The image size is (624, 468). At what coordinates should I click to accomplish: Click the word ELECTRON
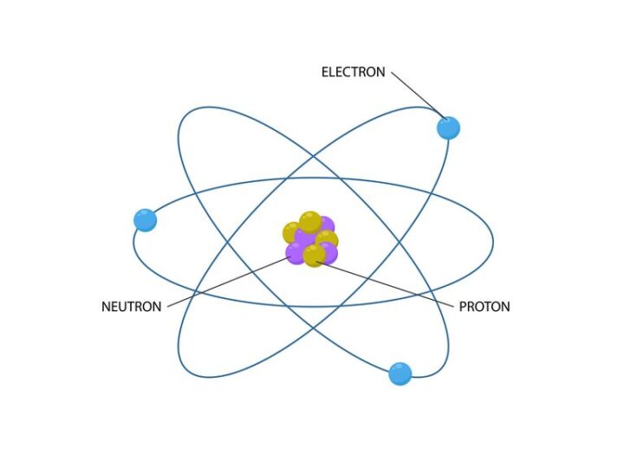pos(354,72)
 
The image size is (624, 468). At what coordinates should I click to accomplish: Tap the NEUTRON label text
pos(132,307)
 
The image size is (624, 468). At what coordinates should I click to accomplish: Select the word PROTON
pos(484,307)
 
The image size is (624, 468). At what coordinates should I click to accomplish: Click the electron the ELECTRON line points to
pos(449,128)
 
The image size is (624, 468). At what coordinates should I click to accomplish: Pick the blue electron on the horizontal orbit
pos(146,220)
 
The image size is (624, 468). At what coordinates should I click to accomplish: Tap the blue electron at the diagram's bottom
pos(400,374)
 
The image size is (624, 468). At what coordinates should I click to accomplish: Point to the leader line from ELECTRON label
pos(419,95)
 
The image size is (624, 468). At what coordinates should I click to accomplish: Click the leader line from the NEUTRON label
pos(229,283)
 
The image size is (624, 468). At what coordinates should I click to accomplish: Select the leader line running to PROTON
pos(385,284)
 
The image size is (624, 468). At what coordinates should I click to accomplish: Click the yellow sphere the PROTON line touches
pos(315,256)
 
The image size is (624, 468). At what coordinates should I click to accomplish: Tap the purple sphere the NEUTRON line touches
pos(296,253)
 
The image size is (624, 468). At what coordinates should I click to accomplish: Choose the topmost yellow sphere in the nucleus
pos(310,223)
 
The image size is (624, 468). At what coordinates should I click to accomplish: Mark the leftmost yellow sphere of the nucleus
pos(292,233)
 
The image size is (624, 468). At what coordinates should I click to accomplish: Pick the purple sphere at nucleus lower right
pos(330,253)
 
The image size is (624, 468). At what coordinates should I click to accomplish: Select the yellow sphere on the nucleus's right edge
pos(327,239)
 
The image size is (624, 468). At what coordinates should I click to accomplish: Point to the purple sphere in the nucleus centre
pos(306,239)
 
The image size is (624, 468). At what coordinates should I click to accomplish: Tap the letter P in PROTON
pos(463,307)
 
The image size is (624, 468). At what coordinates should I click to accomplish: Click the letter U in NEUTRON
pos(125,307)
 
